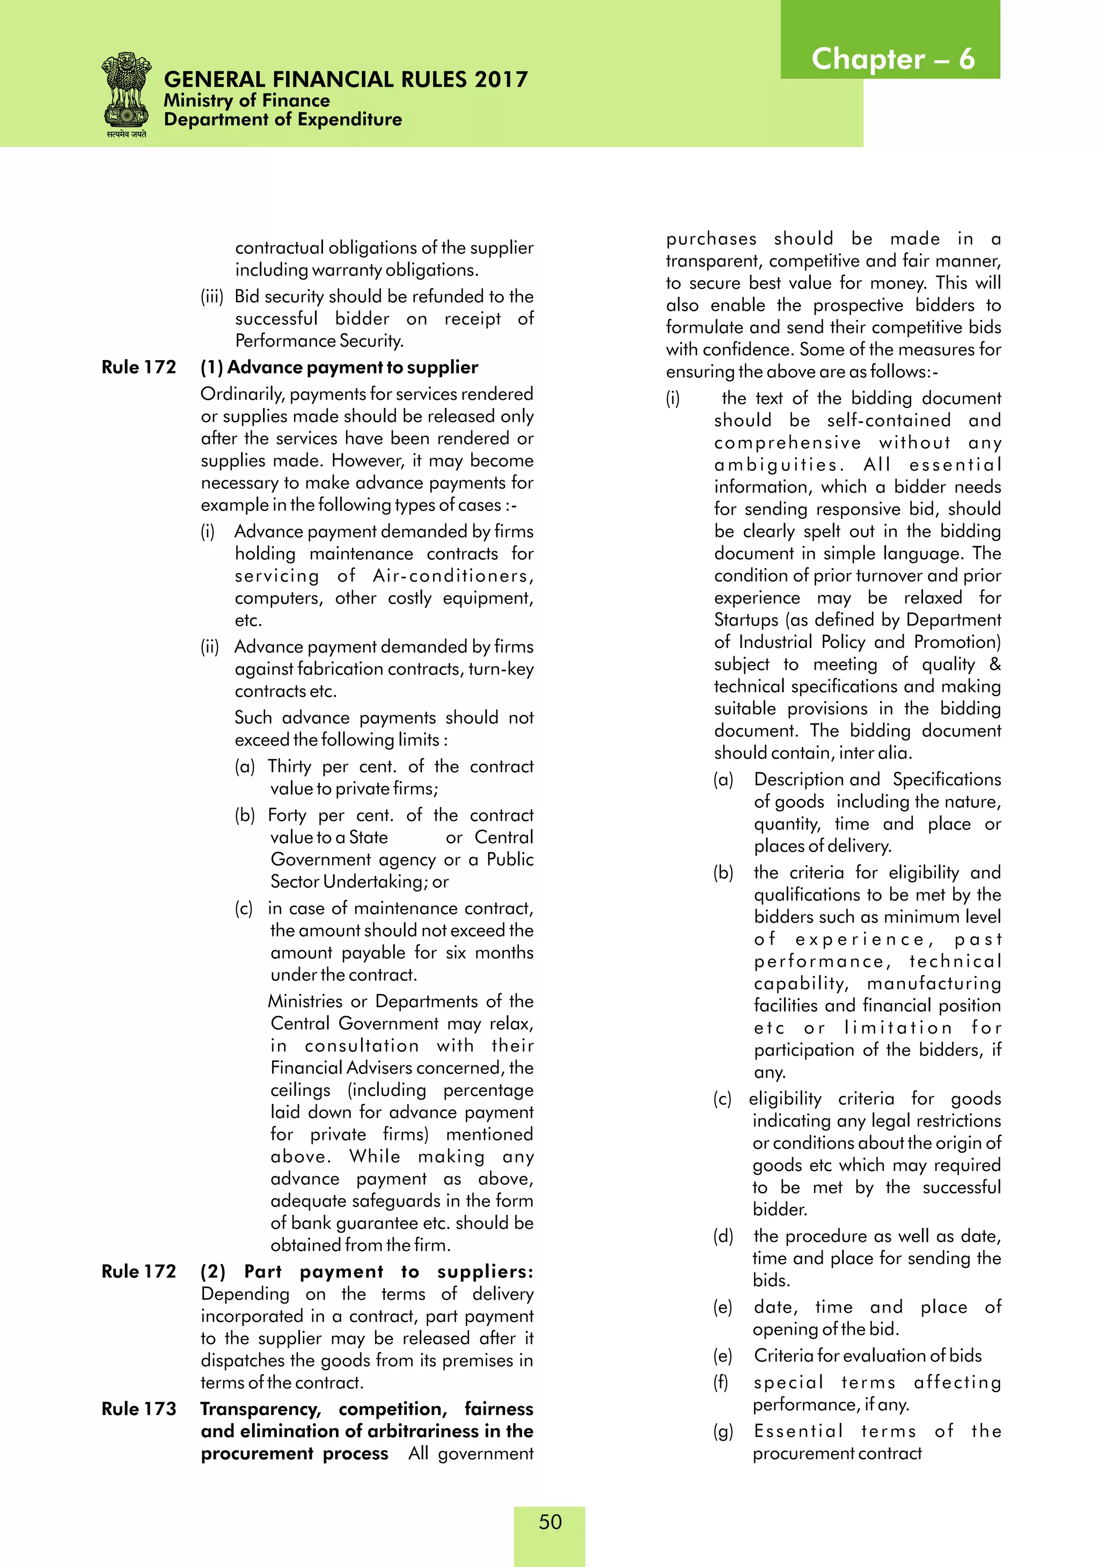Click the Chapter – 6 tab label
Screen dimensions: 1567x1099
point(892,60)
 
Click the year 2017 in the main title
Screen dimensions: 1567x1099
point(502,80)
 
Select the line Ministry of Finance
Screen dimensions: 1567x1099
point(246,100)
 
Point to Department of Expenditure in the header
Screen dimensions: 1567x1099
point(283,120)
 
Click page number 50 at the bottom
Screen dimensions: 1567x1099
point(549,1521)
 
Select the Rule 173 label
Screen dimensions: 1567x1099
point(138,1409)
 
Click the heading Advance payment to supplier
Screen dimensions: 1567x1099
point(352,367)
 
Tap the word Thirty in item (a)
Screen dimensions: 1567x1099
point(289,766)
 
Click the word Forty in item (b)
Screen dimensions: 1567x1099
point(287,815)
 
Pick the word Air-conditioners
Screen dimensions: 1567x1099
point(452,576)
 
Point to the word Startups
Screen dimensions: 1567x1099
point(745,620)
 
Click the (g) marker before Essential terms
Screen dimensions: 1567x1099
point(723,1431)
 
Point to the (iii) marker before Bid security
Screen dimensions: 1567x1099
point(211,296)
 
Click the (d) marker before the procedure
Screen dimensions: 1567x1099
point(723,1236)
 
